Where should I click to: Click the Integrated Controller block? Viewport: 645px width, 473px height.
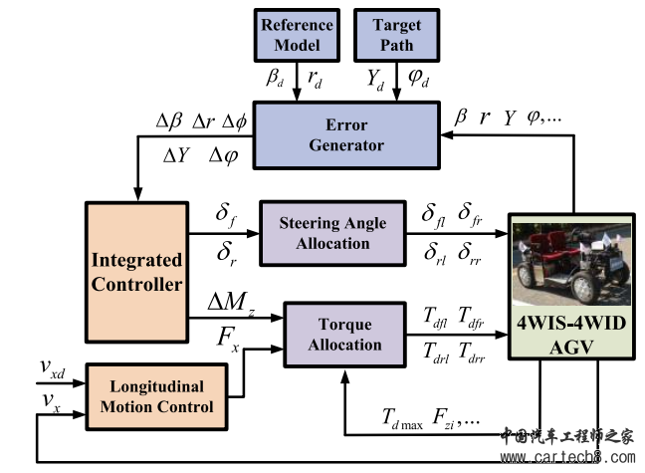click(x=136, y=272)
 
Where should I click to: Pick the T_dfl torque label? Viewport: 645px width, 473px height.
click(x=435, y=317)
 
